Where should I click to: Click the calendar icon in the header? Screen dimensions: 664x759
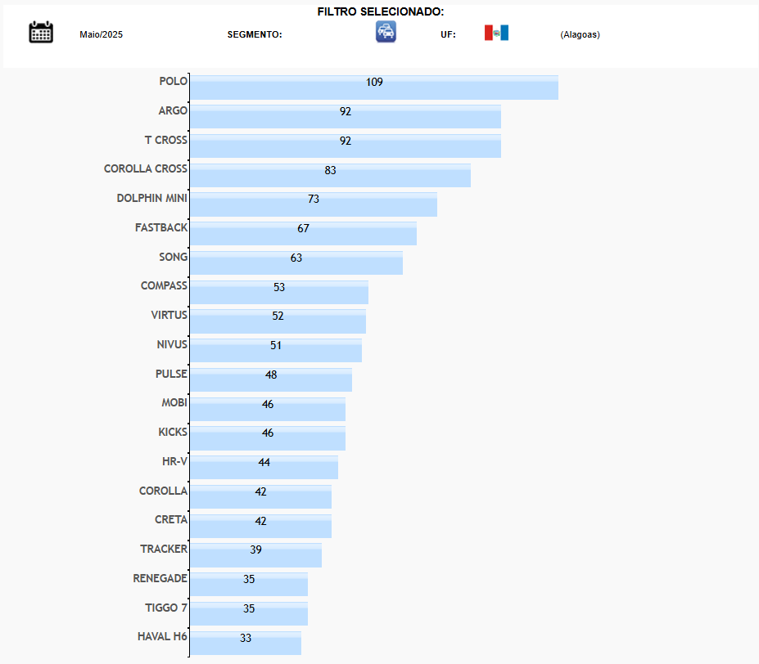coord(41,32)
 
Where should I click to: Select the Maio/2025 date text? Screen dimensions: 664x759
coord(101,34)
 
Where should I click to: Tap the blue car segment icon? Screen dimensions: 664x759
coord(386,32)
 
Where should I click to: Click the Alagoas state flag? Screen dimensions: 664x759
coord(496,33)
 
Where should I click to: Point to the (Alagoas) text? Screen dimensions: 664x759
coord(580,34)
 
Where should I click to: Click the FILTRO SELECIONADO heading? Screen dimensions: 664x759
coord(381,11)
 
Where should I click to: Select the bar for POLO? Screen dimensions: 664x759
coord(459,87)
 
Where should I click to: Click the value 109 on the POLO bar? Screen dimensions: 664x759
coord(374,82)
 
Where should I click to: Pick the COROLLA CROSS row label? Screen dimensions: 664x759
coord(146,168)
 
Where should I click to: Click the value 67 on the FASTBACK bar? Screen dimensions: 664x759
coord(303,228)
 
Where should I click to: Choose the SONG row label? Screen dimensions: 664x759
coord(173,257)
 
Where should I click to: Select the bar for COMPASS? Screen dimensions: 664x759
coord(328,293)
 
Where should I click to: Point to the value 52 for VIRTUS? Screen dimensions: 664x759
coord(278,316)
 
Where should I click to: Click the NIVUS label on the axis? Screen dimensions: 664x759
coord(172,344)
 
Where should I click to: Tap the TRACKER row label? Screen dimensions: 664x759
coord(164,549)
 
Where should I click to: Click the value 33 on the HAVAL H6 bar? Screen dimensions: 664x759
coord(246,638)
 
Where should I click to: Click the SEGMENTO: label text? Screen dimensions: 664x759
coord(255,34)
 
